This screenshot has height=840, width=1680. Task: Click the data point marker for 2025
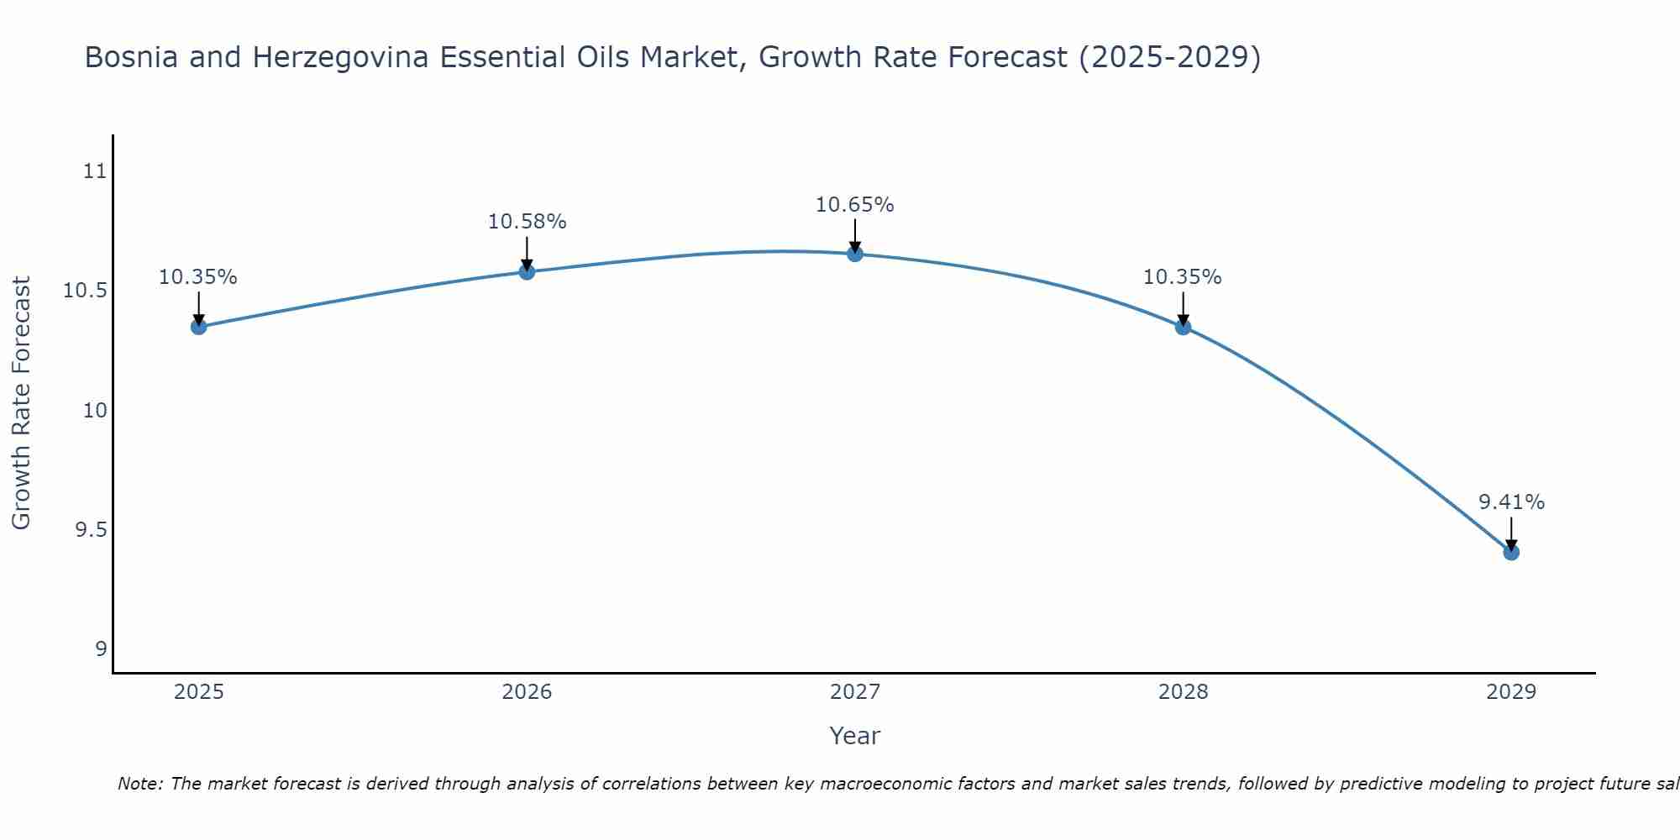pos(198,327)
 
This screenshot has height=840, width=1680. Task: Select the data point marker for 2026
pos(527,271)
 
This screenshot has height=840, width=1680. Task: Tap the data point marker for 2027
pos(855,254)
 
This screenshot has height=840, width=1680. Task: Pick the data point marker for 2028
pos(1183,327)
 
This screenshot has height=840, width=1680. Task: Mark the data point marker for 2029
pos(1511,552)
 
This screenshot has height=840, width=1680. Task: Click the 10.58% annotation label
pos(527,222)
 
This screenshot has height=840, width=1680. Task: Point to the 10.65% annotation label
pos(855,204)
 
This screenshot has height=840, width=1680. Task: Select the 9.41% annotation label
pos(1511,502)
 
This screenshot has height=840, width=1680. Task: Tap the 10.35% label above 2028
pos(1183,277)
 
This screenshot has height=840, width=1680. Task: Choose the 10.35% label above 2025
pos(198,277)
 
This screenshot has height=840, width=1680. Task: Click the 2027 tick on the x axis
pos(855,692)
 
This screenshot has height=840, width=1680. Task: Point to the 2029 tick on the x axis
pos(1511,692)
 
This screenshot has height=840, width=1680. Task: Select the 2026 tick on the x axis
pos(527,692)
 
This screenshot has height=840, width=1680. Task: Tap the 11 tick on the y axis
pos(95,171)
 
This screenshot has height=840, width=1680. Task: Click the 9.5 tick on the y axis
pos(91,530)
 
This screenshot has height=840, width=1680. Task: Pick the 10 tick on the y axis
pos(95,411)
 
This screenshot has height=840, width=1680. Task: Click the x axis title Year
pos(854,736)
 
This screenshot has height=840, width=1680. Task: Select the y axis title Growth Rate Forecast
pos(21,402)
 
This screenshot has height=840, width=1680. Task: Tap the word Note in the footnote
pos(139,784)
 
